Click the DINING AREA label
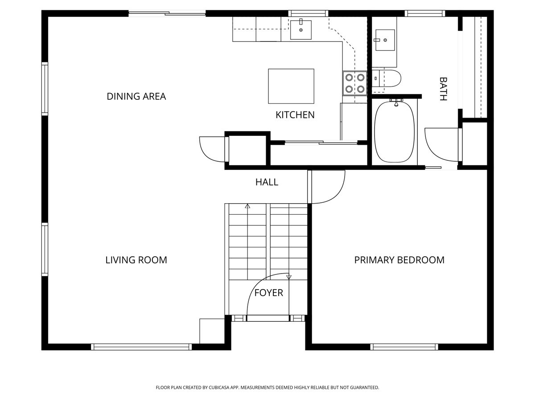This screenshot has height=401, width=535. point(136,96)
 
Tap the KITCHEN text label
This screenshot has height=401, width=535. point(295,115)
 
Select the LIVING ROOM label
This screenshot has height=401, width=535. point(136,260)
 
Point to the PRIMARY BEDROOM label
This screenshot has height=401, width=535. point(399,260)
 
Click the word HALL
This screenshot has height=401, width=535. point(267,182)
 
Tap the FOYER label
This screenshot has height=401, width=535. point(268,293)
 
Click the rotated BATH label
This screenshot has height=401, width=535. point(443,89)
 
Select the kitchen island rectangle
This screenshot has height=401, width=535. point(291,86)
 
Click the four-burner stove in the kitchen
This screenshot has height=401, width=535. point(354,83)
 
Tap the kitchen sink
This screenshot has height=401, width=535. point(301,29)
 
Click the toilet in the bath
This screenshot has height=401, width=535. point(388,78)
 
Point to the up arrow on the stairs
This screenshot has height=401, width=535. point(247,206)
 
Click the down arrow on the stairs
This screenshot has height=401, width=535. point(288,277)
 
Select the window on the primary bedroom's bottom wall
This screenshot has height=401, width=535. point(404,347)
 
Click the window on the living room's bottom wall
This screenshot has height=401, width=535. point(141,347)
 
